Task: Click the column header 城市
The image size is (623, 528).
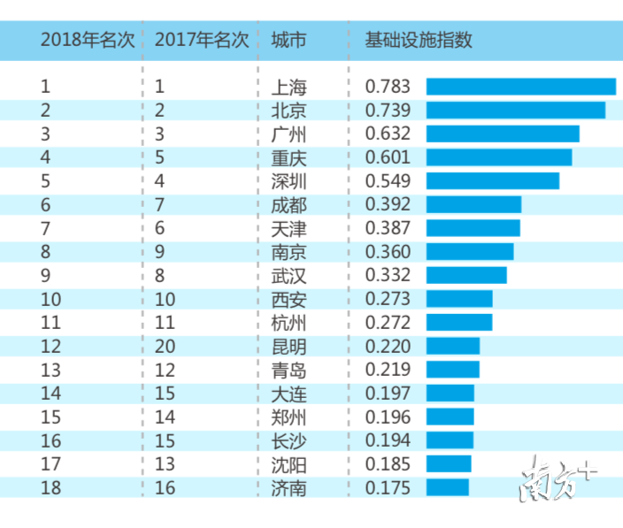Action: [288, 41]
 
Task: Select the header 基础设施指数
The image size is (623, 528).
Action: [419, 41]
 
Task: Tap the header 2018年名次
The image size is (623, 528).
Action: [88, 41]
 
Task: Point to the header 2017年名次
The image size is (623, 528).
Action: [201, 41]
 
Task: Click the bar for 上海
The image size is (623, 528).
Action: [520, 87]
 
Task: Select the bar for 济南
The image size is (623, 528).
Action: [447, 487]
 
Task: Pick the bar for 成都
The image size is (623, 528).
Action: [473, 204]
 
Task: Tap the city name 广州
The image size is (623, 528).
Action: [288, 134]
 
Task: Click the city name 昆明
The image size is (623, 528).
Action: [288, 346]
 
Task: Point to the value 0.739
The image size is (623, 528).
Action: [388, 111]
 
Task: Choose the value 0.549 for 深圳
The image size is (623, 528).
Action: [388, 181]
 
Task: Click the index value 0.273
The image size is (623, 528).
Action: [388, 299]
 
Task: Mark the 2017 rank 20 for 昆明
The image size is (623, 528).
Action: [165, 346]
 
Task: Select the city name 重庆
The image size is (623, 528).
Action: [288, 157]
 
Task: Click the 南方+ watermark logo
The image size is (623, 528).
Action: [558, 478]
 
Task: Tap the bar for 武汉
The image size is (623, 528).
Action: [466, 275]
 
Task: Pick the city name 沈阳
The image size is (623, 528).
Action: [288, 463]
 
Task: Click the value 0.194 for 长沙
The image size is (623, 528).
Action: [388, 440]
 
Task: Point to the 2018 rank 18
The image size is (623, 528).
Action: [50, 487]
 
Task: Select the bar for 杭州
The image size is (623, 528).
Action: [458, 322]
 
